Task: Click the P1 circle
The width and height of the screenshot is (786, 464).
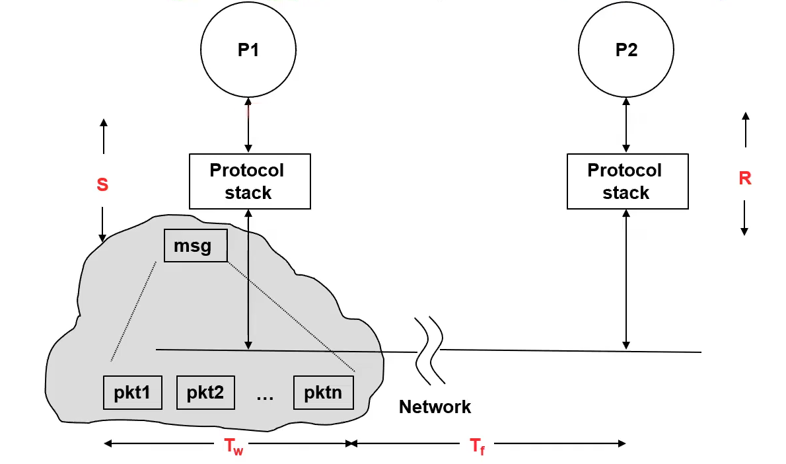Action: (248, 50)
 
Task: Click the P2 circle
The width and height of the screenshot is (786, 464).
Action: (626, 50)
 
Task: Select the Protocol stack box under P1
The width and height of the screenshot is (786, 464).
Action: (250, 181)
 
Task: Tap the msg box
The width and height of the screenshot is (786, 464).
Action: (196, 246)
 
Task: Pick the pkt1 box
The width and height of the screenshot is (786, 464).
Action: (133, 393)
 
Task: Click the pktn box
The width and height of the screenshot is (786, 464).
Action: (324, 393)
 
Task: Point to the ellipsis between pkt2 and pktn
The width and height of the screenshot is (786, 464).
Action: (264, 395)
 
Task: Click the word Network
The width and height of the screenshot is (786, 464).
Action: (435, 406)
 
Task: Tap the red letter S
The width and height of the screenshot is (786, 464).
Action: (102, 184)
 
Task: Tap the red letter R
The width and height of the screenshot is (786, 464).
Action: (745, 178)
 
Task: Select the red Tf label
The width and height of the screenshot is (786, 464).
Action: (478, 447)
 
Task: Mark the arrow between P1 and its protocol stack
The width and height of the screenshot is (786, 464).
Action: (248, 126)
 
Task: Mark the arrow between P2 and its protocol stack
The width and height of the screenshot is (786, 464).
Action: (626, 126)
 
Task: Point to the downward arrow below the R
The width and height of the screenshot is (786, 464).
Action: (744, 217)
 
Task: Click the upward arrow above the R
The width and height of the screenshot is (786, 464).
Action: (745, 130)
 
